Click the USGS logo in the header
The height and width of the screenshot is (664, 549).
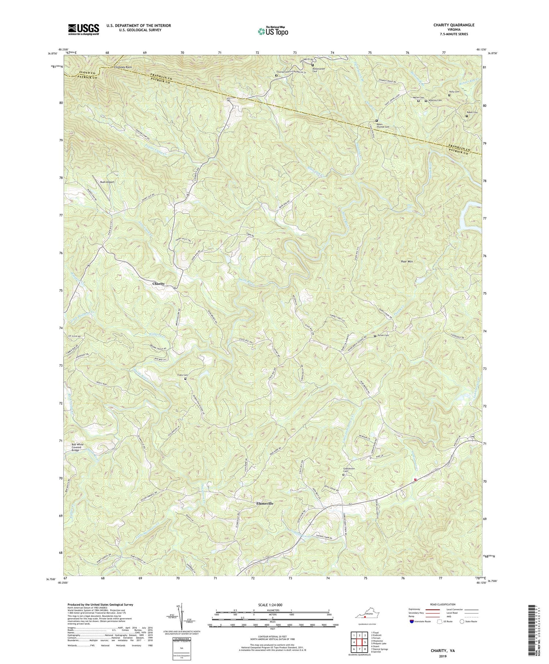[83, 29]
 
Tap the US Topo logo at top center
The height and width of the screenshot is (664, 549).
[273, 31]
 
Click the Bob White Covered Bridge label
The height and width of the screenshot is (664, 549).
[78, 447]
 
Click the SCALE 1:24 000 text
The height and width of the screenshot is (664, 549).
[273, 605]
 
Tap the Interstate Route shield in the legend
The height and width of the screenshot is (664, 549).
[412, 621]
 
